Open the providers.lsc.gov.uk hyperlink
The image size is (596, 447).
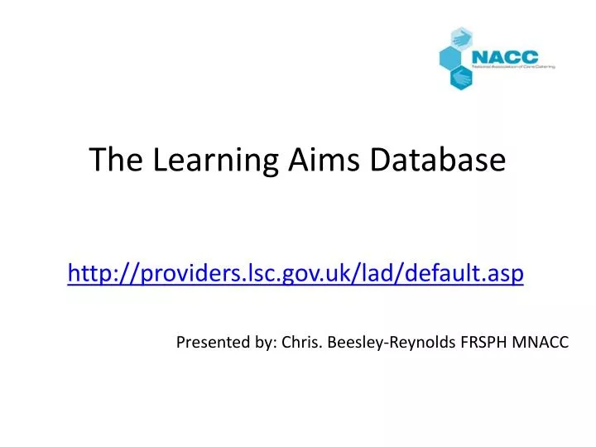(x=295, y=272)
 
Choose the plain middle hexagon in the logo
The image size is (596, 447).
(x=450, y=58)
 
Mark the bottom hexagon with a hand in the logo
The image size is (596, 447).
(x=462, y=77)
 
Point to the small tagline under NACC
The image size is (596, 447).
(x=512, y=66)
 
